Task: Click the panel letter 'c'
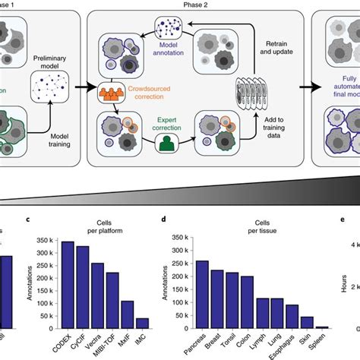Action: tap(28, 220)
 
